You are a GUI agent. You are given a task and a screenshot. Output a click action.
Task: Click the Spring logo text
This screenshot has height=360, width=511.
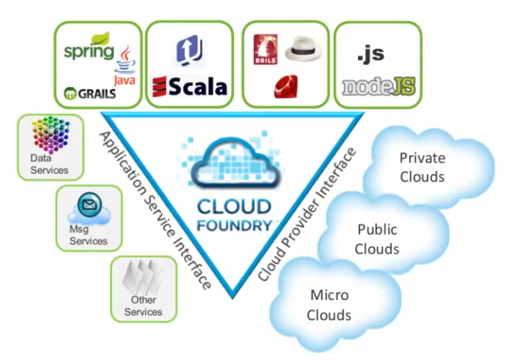(88, 51)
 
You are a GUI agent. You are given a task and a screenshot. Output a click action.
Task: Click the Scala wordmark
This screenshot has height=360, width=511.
(189, 87)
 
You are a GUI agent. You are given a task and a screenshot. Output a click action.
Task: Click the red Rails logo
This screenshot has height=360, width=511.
(266, 52)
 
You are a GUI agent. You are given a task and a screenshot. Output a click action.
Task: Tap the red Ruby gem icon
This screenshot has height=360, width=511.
(282, 87)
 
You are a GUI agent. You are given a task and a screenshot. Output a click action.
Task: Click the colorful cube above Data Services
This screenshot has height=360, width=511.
(49, 134)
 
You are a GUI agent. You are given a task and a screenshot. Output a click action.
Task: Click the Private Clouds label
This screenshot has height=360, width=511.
(422, 166)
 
